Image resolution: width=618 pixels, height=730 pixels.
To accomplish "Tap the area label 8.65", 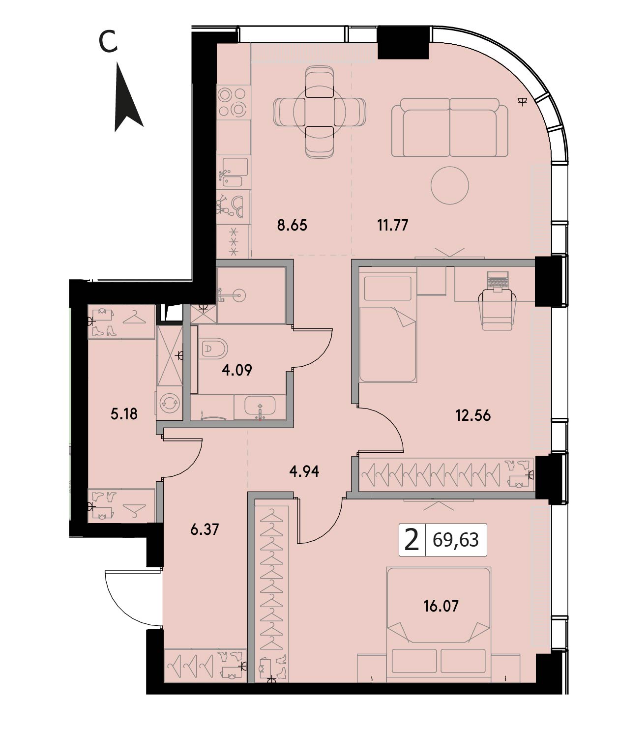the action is click(x=292, y=225).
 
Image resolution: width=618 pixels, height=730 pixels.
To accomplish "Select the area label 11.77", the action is click(x=393, y=225).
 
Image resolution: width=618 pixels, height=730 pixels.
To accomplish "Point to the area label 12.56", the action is click(x=473, y=416).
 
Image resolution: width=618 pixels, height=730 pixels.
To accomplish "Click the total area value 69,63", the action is click(x=456, y=540).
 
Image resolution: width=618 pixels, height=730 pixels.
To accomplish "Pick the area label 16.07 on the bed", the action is click(x=441, y=606).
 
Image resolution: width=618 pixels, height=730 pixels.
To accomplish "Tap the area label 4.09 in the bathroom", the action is click(x=237, y=370).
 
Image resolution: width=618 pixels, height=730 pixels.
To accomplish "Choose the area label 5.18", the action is click(x=123, y=414).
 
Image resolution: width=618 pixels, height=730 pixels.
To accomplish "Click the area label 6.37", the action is click(x=205, y=530).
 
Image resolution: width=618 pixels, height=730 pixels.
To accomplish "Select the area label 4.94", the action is click(x=304, y=471).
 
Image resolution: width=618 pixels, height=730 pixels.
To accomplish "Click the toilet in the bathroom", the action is click(x=213, y=349).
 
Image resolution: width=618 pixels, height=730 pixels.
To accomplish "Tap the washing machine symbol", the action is click(x=170, y=403).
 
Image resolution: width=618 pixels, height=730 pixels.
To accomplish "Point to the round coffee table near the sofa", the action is click(x=449, y=185).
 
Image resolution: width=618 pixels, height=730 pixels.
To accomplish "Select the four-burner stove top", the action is click(x=232, y=102).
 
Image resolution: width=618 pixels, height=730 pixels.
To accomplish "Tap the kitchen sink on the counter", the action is click(x=234, y=172).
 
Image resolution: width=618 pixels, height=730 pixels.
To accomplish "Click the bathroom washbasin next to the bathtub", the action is click(x=260, y=407).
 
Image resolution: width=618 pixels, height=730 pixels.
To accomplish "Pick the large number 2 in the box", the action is click(x=412, y=540).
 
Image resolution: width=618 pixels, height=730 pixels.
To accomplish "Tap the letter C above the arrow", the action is click(x=108, y=42).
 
